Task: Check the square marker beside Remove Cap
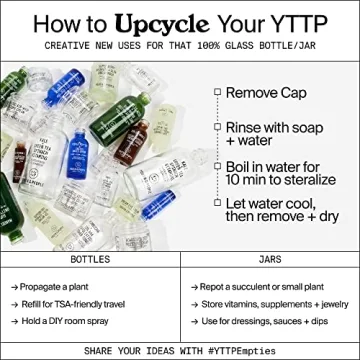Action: [216, 91]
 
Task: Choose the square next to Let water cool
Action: [216, 203]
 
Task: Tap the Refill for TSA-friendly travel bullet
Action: [76, 303]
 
